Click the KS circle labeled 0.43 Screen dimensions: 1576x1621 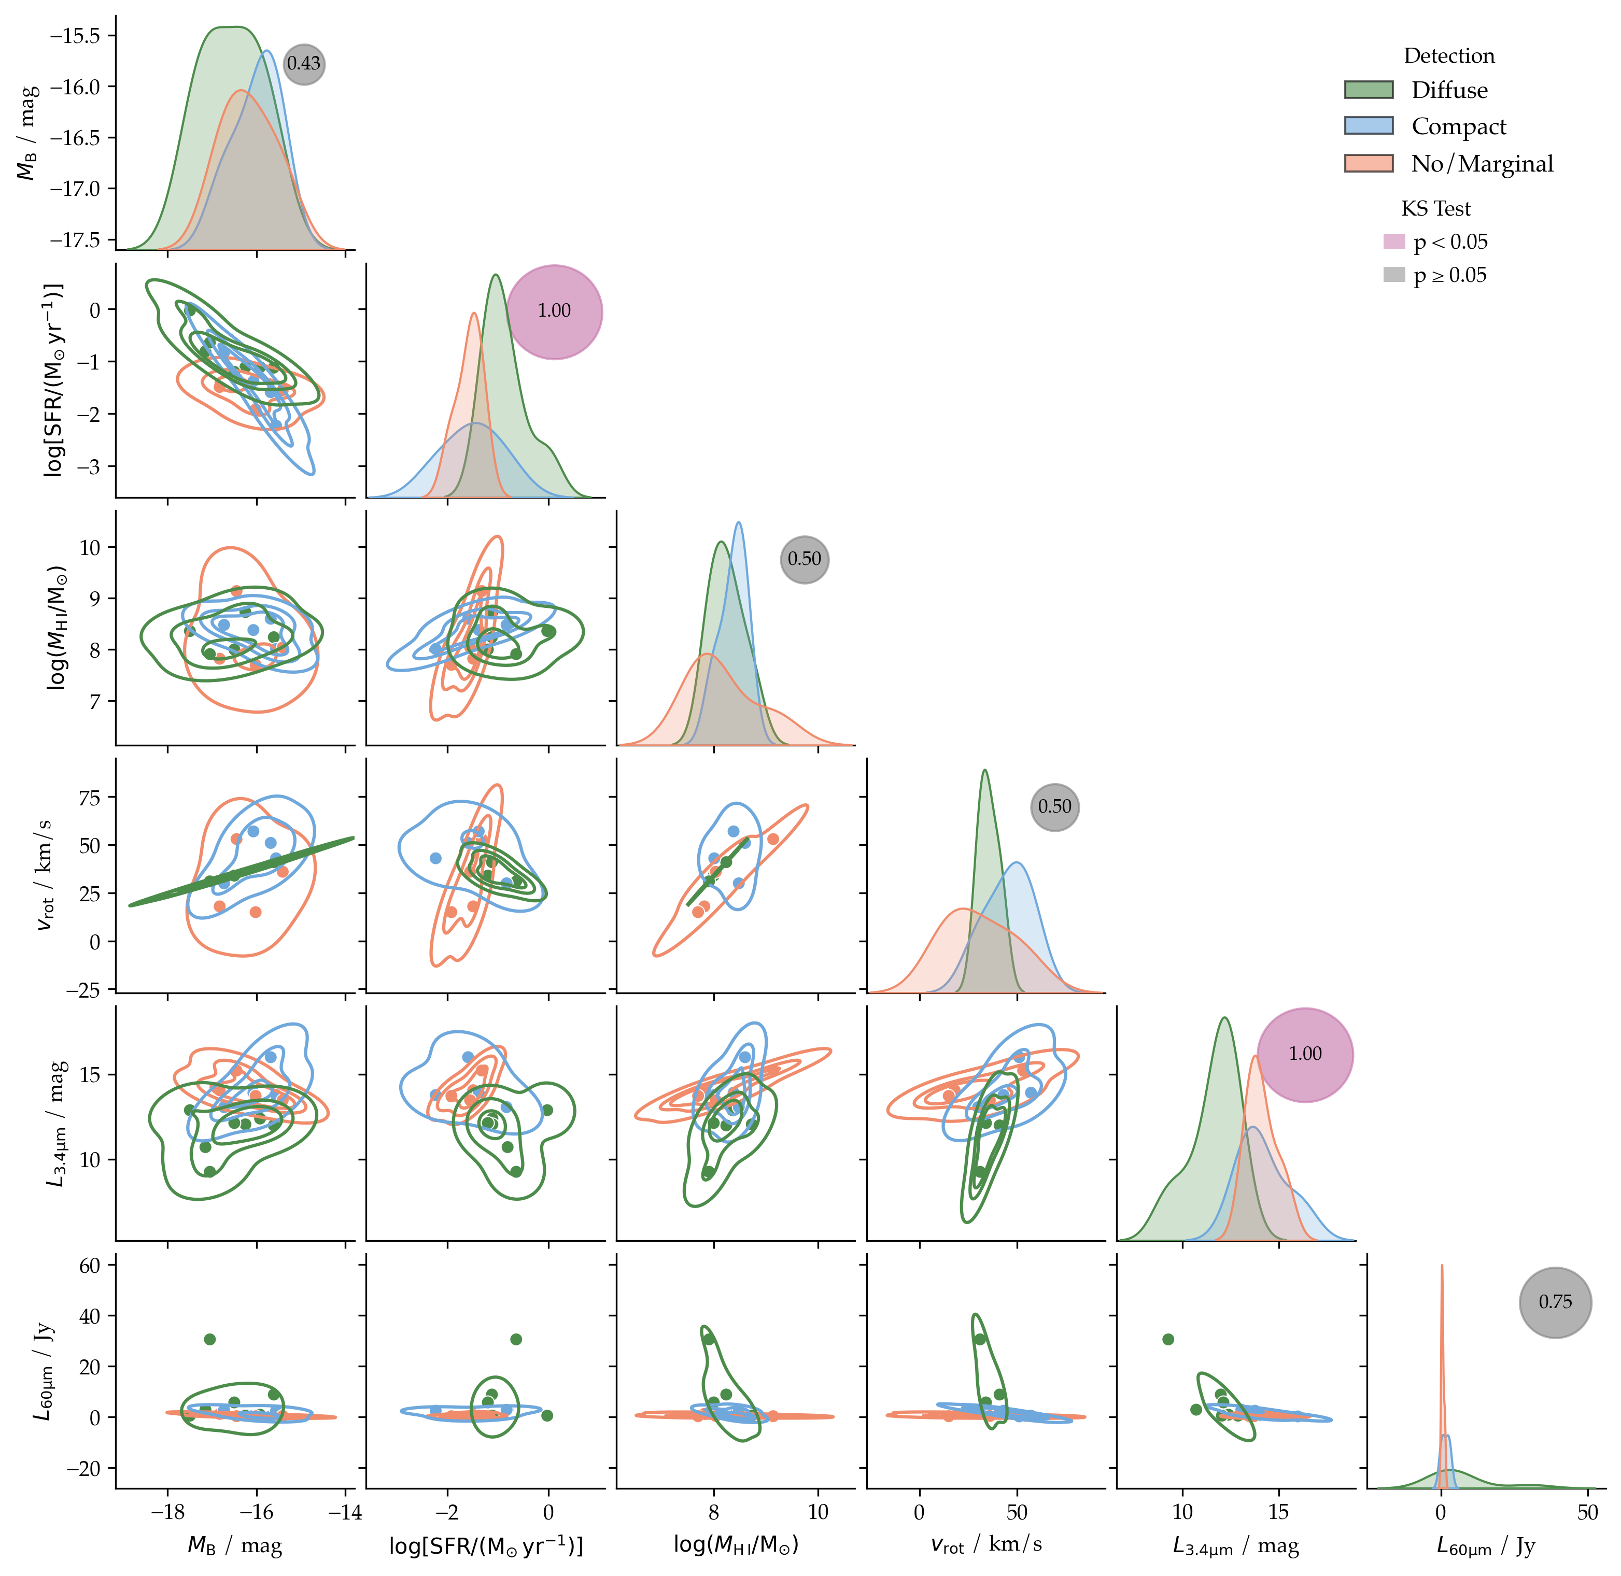click(304, 64)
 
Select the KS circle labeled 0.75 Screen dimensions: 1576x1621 click(1555, 1302)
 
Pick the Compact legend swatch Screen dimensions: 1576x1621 click(1369, 126)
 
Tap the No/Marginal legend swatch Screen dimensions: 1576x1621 click(1369, 163)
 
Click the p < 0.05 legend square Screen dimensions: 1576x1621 click(1394, 242)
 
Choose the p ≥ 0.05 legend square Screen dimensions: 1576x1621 click(1394, 275)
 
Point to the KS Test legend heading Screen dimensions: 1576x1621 click(1435, 208)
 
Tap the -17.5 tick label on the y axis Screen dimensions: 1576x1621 click(75, 240)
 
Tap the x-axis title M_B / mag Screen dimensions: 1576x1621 click(235, 1544)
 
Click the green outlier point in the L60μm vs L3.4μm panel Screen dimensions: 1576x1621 click(1168, 1339)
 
